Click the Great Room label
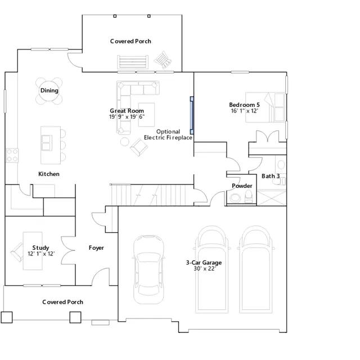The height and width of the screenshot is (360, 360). pos(127,111)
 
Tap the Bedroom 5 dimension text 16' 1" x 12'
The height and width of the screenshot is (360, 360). pos(245,111)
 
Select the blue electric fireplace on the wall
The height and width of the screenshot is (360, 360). pos(192,115)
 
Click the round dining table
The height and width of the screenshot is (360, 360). pos(49,91)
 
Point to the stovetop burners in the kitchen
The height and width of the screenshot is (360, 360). pos(12,155)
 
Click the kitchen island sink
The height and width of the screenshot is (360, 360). pos(46,143)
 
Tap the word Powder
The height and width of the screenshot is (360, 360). pos(242,186)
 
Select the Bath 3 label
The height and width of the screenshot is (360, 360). pos(271,176)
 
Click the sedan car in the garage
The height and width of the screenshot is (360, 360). pos(148,269)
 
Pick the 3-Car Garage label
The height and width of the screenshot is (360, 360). pos(204,263)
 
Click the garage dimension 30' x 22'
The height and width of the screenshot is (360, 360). pos(204,269)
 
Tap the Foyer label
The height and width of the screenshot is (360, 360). pos(96,248)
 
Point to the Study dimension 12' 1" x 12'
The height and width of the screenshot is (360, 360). pos(41,254)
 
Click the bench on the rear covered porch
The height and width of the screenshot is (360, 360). pos(133,62)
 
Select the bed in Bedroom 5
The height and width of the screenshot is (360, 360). pos(265,107)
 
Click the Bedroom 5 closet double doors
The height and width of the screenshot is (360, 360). pos(268,137)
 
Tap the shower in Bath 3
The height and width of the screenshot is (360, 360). pos(272,197)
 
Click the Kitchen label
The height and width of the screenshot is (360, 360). pos(49,174)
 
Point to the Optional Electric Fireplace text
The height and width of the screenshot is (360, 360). pos(168,134)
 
